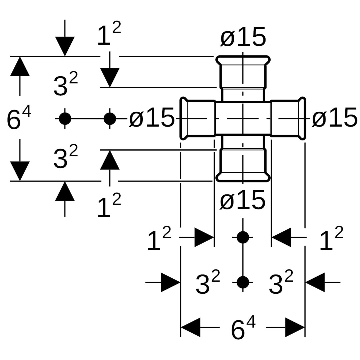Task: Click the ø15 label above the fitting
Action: point(243,37)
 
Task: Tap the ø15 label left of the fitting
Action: point(152,118)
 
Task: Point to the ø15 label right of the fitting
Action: point(334,118)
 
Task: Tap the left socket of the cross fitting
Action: point(198,118)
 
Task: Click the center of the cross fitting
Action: point(243,118)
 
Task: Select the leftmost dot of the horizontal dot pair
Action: point(65,118)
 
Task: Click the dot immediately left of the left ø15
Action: point(110,118)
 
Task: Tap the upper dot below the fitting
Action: point(243,237)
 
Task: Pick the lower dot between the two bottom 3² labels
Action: point(243,282)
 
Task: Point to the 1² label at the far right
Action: point(331,240)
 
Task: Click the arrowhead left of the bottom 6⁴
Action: point(191,327)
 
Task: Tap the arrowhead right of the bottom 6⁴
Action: point(295,327)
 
